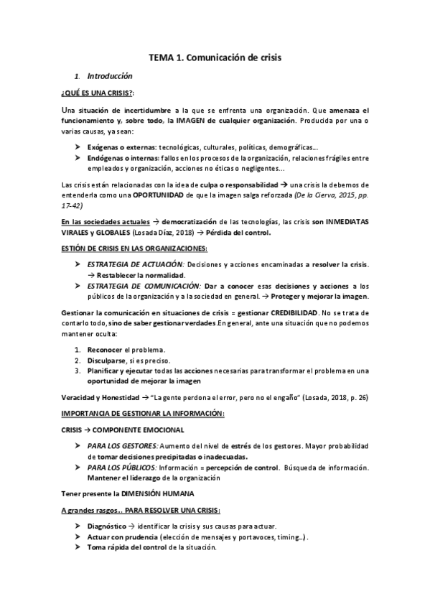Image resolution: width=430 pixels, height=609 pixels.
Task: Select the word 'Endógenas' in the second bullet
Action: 109,158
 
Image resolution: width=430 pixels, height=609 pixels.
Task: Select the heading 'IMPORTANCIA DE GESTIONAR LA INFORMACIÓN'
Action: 144,414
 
